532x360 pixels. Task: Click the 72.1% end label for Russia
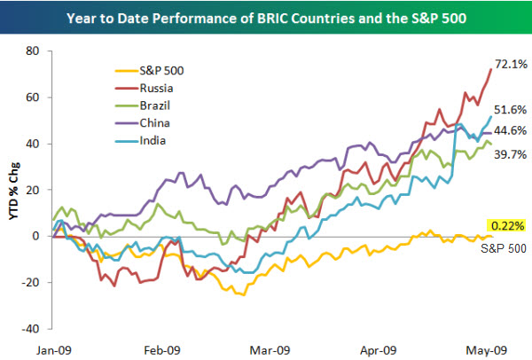click(x=513, y=65)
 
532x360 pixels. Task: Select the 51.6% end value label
click(x=513, y=111)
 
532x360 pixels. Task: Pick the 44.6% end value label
click(x=513, y=131)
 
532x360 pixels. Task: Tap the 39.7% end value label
click(x=513, y=156)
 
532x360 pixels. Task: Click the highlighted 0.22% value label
click(x=500, y=226)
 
